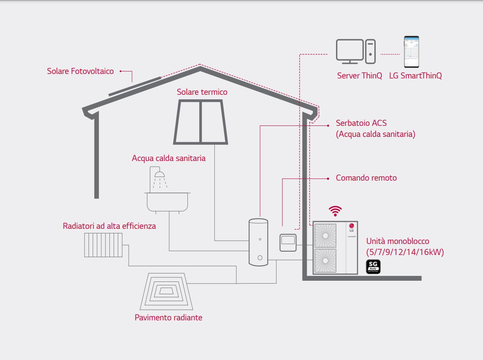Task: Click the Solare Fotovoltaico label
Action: click(x=80, y=71)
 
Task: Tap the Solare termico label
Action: click(x=202, y=92)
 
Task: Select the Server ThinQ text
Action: click(x=359, y=76)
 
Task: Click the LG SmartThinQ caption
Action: click(x=415, y=76)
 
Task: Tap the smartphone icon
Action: click(x=411, y=52)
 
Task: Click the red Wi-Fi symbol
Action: click(x=335, y=211)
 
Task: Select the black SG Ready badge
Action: click(x=373, y=267)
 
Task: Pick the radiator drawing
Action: click(x=103, y=245)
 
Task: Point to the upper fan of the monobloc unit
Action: click(x=325, y=236)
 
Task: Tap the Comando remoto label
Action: click(x=366, y=178)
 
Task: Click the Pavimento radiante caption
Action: click(x=168, y=318)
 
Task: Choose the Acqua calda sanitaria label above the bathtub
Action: click(x=168, y=158)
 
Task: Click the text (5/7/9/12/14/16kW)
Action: click(x=405, y=252)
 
